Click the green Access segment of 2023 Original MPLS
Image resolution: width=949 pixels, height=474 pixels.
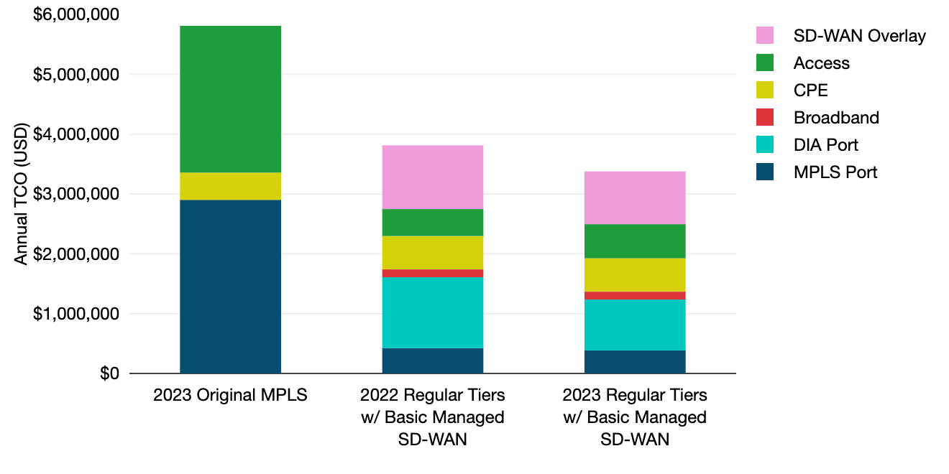[x=230, y=99]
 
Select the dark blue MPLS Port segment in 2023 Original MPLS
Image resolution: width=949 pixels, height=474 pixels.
[x=230, y=287]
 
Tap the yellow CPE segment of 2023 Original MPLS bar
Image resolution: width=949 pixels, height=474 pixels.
[x=230, y=186]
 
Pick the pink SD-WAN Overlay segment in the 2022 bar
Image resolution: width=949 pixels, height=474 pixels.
[x=432, y=177]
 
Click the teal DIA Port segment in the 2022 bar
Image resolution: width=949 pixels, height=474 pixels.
[x=432, y=312]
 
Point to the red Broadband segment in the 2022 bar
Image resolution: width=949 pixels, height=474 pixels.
[x=432, y=273]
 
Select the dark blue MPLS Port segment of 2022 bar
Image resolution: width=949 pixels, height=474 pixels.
[x=432, y=361]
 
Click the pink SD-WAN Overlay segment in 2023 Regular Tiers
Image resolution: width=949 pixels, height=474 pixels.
[x=634, y=197]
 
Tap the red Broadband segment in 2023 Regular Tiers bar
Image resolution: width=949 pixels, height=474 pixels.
[x=634, y=296]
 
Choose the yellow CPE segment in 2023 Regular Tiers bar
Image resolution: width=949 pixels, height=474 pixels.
[x=634, y=274]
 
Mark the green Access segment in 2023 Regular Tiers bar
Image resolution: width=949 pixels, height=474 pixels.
[x=634, y=241]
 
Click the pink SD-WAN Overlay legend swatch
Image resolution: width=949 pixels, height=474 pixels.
[x=765, y=35]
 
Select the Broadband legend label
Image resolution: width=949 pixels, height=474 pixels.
[x=836, y=118]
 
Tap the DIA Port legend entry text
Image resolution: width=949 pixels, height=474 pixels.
[x=825, y=145]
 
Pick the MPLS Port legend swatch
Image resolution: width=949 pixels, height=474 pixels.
[x=765, y=172]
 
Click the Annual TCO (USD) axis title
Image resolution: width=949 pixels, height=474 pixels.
[x=22, y=194]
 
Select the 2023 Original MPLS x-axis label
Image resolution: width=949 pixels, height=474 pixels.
[x=230, y=396]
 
